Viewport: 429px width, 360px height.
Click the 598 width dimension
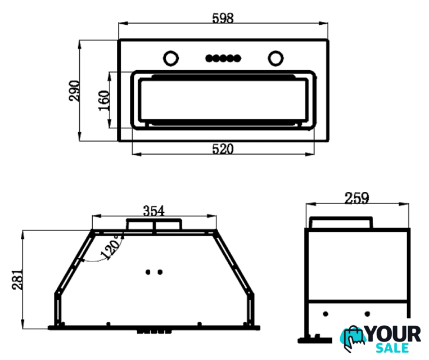[x=223, y=19]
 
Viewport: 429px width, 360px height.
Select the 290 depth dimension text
[x=74, y=91]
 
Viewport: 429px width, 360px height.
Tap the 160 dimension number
[x=104, y=101]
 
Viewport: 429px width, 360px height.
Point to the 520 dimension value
[x=223, y=149]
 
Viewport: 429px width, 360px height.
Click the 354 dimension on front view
[x=153, y=211]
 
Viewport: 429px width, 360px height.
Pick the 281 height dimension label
[x=17, y=280]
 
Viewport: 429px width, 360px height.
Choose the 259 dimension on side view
[x=356, y=198]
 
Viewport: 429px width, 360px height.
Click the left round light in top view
[x=171, y=58]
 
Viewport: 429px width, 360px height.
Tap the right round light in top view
[x=276, y=58]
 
